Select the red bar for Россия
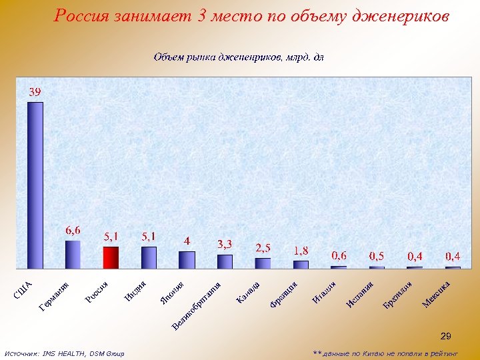pos(111,257)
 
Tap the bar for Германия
pos(73,254)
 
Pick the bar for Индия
pos(149,257)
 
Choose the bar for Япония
pos(187,259)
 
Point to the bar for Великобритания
pos(225,261)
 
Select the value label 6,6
pos(73,230)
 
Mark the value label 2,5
pos(263,248)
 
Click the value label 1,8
pos(301,251)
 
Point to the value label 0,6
pos(339,255)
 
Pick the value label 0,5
pos(377,256)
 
